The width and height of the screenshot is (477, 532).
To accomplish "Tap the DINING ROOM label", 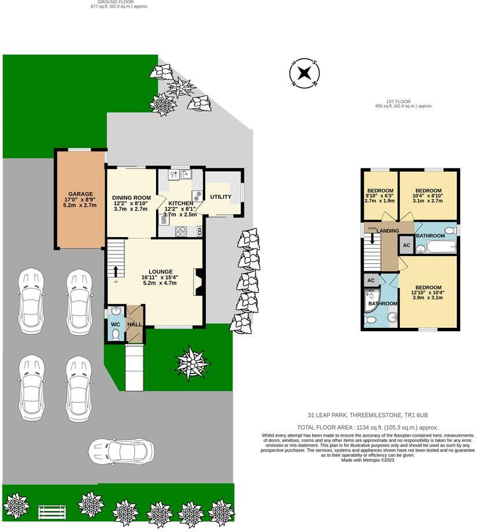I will click(x=131, y=198).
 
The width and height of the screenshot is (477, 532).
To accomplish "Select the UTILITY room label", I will click(x=220, y=197).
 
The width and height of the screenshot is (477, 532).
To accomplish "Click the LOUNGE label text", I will click(x=160, y=271).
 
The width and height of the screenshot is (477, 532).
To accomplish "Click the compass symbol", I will click(x=304, y=73).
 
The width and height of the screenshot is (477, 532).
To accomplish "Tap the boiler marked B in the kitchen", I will click(x=199, y=231).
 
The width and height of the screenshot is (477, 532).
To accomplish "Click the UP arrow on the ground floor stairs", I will click(x=116, y=271).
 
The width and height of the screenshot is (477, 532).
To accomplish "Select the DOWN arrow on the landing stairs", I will click(x=372, y=237).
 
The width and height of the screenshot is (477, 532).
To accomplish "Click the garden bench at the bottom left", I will click(x=49, y=512).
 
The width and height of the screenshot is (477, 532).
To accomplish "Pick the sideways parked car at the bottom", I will click(x=121, y=449).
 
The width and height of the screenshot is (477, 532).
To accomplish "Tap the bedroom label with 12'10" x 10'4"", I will click(x=428, y=288).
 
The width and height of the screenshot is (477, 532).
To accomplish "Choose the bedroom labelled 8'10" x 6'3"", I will click(x=380, y=191).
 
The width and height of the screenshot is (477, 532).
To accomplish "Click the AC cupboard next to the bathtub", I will click(x=406, y=245).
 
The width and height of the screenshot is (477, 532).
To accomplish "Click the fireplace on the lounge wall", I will click(x=198, y=282).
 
